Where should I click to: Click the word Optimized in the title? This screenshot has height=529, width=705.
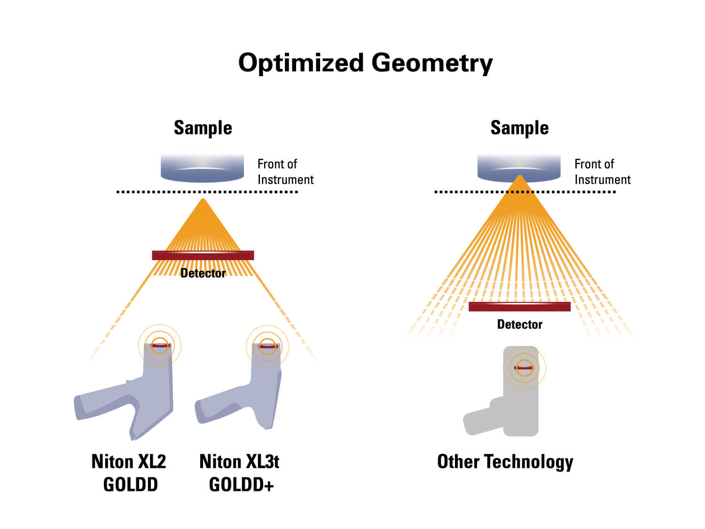coord(301,63)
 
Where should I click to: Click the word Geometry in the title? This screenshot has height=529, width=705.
coord(432,63)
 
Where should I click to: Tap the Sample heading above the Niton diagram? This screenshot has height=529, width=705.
coord(203,128)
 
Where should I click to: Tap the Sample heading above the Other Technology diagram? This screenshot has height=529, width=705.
coord(519,128)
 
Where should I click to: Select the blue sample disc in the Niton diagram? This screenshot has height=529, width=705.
coord(202,168)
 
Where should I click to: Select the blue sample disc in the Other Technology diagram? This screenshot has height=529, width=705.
coord(519,168)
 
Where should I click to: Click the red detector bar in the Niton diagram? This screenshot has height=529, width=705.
coord(203,255)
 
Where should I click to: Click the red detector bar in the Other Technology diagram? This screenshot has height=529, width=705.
coord(519,307)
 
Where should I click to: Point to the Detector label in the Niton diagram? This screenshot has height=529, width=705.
coord(203,273)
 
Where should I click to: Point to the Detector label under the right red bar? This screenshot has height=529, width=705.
coord(519,324)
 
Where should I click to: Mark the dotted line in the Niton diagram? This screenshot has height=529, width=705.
coord(207,192)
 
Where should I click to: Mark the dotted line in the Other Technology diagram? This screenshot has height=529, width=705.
coord(525,192)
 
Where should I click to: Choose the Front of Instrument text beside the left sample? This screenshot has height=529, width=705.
coord(286,172)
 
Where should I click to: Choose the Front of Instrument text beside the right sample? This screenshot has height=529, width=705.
coord(602,172)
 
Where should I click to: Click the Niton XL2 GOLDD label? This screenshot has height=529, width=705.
coord(129,473)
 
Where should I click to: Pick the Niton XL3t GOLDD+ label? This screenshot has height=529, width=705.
coord(240,473)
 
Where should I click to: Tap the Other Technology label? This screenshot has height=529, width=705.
coord(505,462)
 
